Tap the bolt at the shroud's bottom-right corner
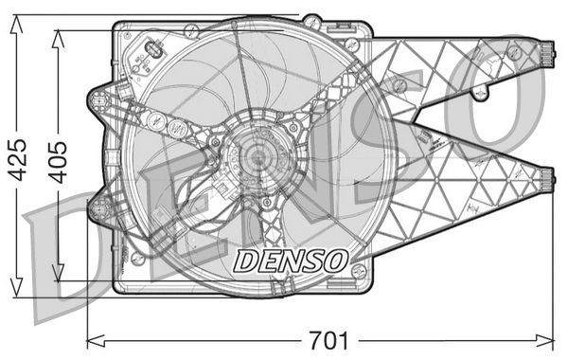358,272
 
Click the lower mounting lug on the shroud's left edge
98,207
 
